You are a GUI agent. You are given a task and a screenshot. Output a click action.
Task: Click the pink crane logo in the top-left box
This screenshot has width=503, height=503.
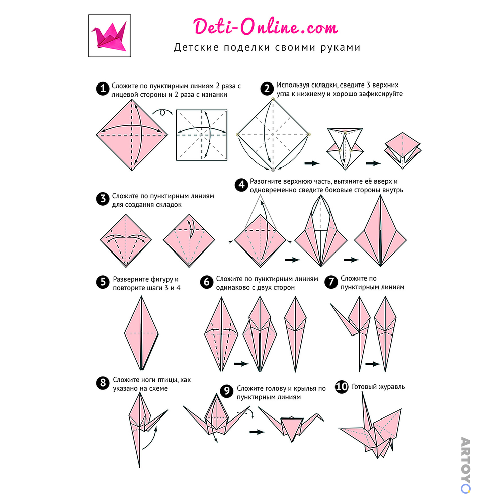[x=109, y=35]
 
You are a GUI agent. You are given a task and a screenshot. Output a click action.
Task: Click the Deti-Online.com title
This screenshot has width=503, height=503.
[x=265, y=27]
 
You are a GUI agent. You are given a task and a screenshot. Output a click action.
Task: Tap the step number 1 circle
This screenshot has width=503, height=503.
[x=103, y=89]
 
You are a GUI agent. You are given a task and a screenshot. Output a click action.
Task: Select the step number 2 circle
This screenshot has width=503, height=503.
[x=267, y=89]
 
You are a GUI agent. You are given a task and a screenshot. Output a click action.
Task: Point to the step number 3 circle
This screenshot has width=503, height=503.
[x=103, y=199]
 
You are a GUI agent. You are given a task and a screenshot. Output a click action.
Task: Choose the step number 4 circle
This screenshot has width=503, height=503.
[x=241, y=185]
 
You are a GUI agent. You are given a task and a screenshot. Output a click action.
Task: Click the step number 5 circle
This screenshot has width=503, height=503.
[x=103, y=282]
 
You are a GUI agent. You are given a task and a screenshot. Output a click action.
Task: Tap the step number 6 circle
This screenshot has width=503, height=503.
[x=207, y=282]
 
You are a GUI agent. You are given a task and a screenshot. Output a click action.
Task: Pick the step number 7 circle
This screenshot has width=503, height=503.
[x=331, y=282]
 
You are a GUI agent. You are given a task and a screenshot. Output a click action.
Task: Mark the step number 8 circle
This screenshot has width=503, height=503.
[x=103, y=383]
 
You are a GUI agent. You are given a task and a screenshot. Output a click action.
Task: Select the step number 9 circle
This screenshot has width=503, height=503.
[x=227, y=391]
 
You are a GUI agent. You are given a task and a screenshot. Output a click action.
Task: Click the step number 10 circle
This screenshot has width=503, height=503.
[x=342, y=386]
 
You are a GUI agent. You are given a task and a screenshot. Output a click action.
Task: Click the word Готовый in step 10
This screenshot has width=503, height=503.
[x=364, y=387]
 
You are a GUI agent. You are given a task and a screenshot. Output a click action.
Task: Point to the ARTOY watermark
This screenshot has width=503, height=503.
[x=465, y=465]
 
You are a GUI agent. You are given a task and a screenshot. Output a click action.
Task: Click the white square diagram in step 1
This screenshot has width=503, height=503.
[x=202, y=135]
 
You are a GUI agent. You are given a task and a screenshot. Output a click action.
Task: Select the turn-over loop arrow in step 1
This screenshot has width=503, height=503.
[x=162, y=112]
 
